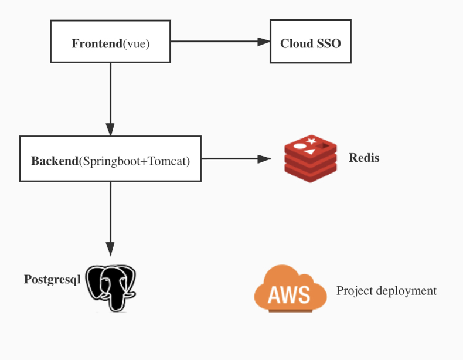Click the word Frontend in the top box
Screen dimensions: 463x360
click(x=97, y=43)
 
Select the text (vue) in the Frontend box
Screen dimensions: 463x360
click(x=137, y=44)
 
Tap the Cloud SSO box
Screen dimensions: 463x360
click(x=311, y=42)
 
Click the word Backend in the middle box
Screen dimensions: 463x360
click(x=55, y=161)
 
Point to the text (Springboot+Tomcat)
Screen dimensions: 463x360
click(x=134, y=161)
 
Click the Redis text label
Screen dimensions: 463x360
click(x=364, y=157)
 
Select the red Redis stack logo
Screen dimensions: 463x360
click(x=311, y=158)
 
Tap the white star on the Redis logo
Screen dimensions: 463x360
click(x=311, y=141)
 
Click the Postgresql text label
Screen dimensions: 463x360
click(x=52, y=279)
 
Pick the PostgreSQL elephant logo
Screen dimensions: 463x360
click(x=111, y=288)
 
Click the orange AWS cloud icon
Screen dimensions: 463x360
click(x=291, y=288)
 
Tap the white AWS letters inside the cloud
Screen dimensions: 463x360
click(x=289, y=294)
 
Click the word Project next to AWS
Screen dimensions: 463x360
click(x=355, y=291)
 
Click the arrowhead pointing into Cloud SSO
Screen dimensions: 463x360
click(x=264, y=42)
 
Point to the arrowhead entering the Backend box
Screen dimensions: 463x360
click(x=110, y=130)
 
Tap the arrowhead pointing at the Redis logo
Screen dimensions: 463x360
click(x=264, y=159)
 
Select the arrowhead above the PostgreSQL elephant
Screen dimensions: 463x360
click(x=110, y=249)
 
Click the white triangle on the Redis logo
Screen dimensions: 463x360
click(x=309, y=152)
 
